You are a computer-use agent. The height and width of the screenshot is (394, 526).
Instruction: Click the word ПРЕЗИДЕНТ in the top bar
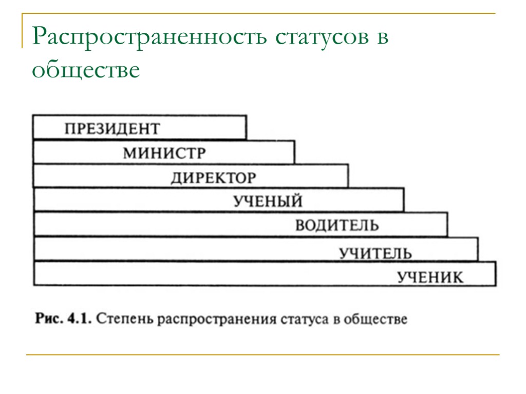112,128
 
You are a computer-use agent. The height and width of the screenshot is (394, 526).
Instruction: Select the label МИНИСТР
164,153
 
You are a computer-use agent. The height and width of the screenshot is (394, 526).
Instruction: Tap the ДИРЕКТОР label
213,178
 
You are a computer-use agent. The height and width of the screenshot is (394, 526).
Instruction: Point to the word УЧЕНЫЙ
268,201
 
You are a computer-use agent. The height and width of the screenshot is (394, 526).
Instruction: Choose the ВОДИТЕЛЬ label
336,225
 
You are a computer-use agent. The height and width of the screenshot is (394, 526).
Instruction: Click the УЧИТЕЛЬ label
375,253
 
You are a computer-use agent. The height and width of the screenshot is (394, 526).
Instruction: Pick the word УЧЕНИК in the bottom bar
430,278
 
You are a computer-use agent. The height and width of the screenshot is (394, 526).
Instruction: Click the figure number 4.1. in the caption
78,319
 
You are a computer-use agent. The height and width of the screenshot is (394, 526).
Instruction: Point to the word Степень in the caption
124,319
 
